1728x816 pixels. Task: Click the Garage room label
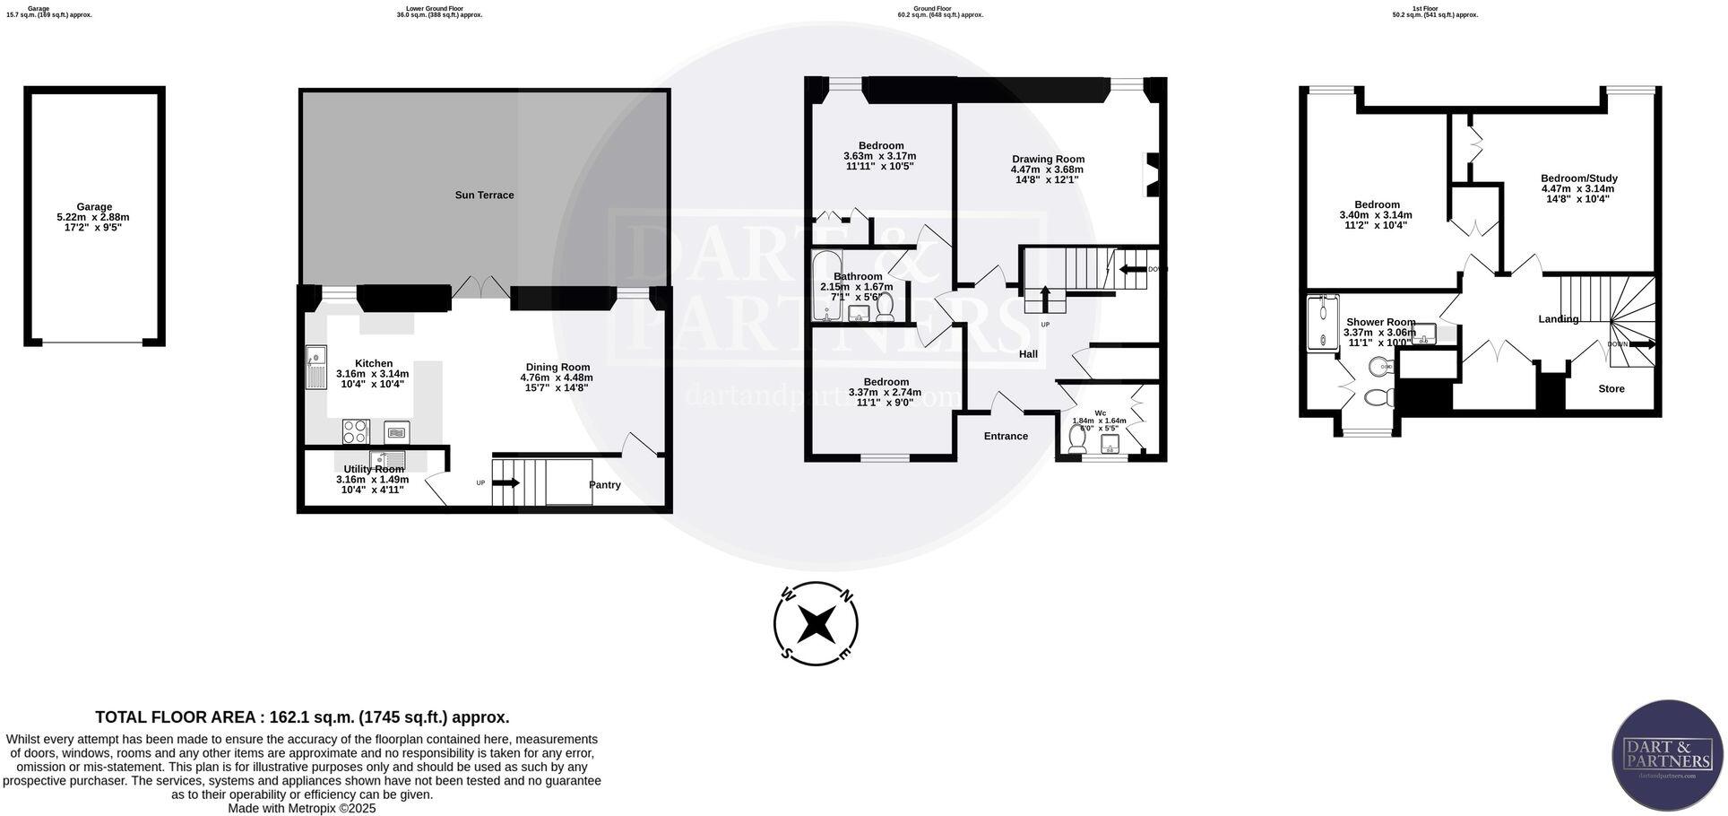pyautogui.click(x=94, y=206)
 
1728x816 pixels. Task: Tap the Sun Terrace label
pyautogui.click(x=484, y=195)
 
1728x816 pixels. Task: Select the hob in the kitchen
pyautogui.click(x=355, y=431)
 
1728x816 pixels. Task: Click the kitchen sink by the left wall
pyautogui.click(x=315, y=368)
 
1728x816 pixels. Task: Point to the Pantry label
pyautogui.click(x=605, y=485)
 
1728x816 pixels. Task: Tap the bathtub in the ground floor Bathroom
pyautogui.click(x=823, y=287)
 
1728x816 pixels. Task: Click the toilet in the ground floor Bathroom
pyautogui.click(x=885, y=306)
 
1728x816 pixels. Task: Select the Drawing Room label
pyautogui.click(x=1048, y=159)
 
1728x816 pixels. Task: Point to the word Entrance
pyautogui.click(x=1006, y=436)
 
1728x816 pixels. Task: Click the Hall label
pyautogui.click(x=1028, y=354)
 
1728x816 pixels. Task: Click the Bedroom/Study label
pyautogui.click(x=1578, y=178)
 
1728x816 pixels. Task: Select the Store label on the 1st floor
pyautogui.click(x=1611, y=388)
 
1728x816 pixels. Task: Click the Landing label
pyautogui.click(x=1559, y=319)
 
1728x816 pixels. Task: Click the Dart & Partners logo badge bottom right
pyautogui.click(x=1667, y=754)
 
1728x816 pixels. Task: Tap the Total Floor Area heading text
pyautogui.click(x=302, y=717)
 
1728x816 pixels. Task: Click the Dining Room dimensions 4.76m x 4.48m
pyautogui.click(x=557, y=378)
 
